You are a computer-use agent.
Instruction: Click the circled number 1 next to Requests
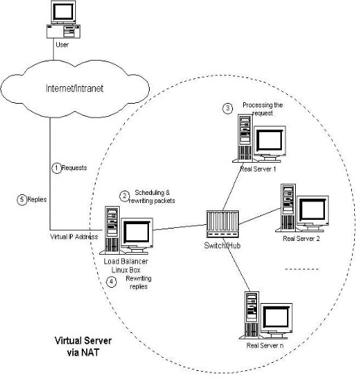[55, 167]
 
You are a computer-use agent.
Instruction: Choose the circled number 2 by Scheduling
[124, 196]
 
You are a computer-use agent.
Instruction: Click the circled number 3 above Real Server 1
[228, 108]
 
